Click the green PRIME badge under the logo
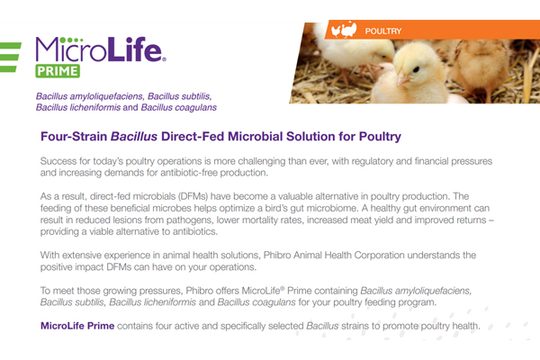click(58, 71)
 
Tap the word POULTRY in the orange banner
click(383, 31)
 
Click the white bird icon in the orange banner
click(344, 30)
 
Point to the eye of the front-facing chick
click(416, 69)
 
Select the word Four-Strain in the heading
click(74, 137)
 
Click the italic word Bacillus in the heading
click(134, 137)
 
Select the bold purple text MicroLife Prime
click(77, 326)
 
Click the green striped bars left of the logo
click(10, 58)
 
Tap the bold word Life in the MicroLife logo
click(134, 49)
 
